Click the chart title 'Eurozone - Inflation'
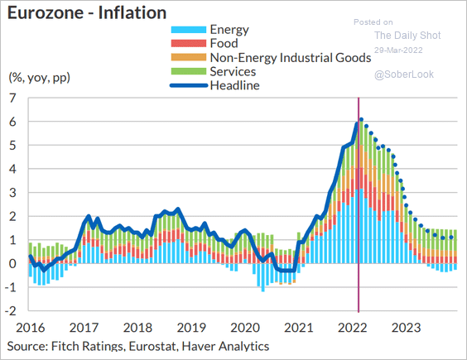coord(87,12)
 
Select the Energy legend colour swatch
coord(189,30)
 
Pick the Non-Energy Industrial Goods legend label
coord(291,57)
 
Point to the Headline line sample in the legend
coord(189,85)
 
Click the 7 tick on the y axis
coord(12,98)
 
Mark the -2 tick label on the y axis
coord(11,310)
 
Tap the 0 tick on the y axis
coord(12,263)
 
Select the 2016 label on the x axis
coord(31,328)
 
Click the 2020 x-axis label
coord(245,328)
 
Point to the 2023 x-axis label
coord(407,328)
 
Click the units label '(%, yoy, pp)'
coord(39,78)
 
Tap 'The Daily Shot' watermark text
coord(407,35)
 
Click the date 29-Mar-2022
coord(398,50)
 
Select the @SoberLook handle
coord(404,74)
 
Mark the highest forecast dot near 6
coord(361,119)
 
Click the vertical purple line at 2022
coord(359,205)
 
